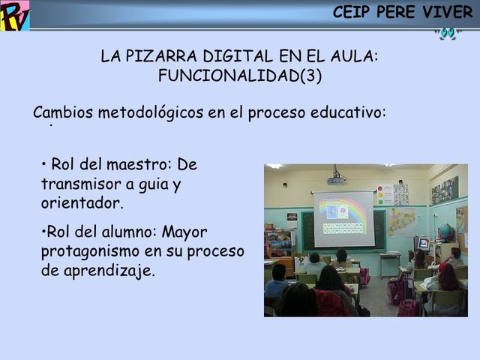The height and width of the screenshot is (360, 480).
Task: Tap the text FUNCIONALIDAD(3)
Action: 240,75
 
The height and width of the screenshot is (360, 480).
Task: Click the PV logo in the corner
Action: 14,16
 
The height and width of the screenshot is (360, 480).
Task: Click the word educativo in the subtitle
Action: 349,113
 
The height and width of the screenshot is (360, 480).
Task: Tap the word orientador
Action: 81,202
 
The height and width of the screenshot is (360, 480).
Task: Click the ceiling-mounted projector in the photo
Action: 336,178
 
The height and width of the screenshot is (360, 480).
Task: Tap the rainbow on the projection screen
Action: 343,206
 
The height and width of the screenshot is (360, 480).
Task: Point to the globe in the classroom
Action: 446,232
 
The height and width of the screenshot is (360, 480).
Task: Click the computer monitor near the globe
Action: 423,243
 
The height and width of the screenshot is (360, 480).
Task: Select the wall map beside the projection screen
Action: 402,223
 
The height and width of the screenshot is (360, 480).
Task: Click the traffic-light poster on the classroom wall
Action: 383,195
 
